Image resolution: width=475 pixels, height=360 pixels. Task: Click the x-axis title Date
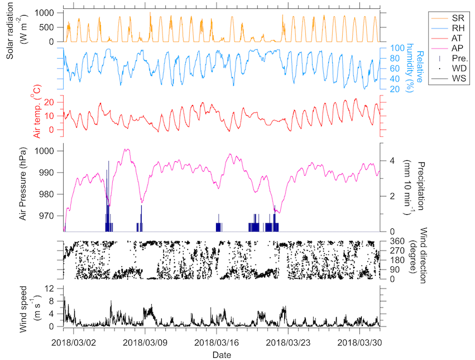click(x=222, y=354)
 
